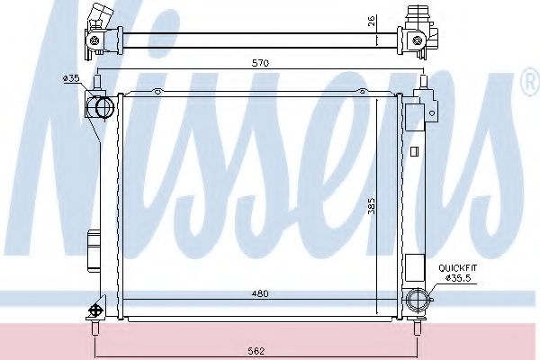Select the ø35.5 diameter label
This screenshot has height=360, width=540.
coord(459,278)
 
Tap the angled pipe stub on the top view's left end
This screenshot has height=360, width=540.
coord(98,17)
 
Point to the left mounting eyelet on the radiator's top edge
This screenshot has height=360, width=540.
coord(157,90)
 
